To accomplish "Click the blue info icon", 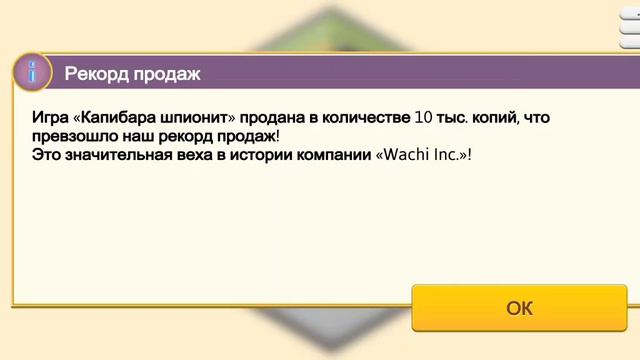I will click(33, 72).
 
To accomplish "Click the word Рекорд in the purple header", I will click(96, 73).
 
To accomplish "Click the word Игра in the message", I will click(51, 118).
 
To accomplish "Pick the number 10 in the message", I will click(423, 118).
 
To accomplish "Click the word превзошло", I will click(74, 136).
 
